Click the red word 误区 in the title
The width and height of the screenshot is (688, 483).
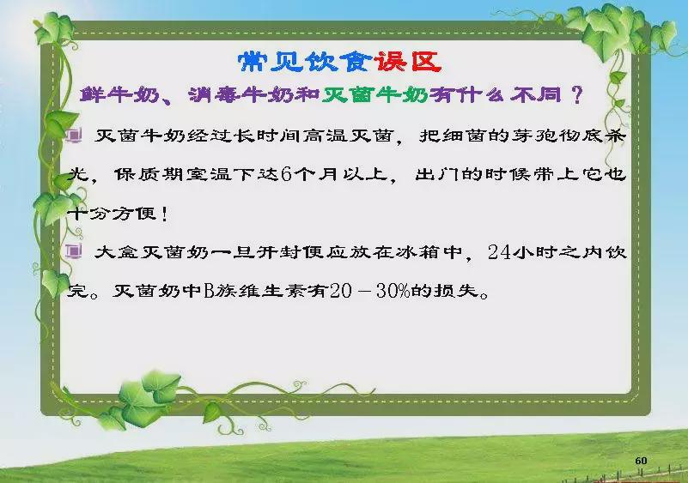408,62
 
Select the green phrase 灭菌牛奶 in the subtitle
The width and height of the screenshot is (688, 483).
375,94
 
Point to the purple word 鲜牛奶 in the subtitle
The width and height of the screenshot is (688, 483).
119,94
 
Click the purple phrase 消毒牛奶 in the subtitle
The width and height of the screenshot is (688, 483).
240,94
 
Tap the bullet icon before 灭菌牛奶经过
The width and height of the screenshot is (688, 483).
74,136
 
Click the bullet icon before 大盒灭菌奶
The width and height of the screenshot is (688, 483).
74,251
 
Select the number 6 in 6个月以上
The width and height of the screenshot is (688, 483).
286,174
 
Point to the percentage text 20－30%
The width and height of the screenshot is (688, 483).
370,291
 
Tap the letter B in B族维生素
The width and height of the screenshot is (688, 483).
209,291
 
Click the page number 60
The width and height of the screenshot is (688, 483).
641,461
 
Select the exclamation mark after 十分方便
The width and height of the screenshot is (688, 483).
164,214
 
